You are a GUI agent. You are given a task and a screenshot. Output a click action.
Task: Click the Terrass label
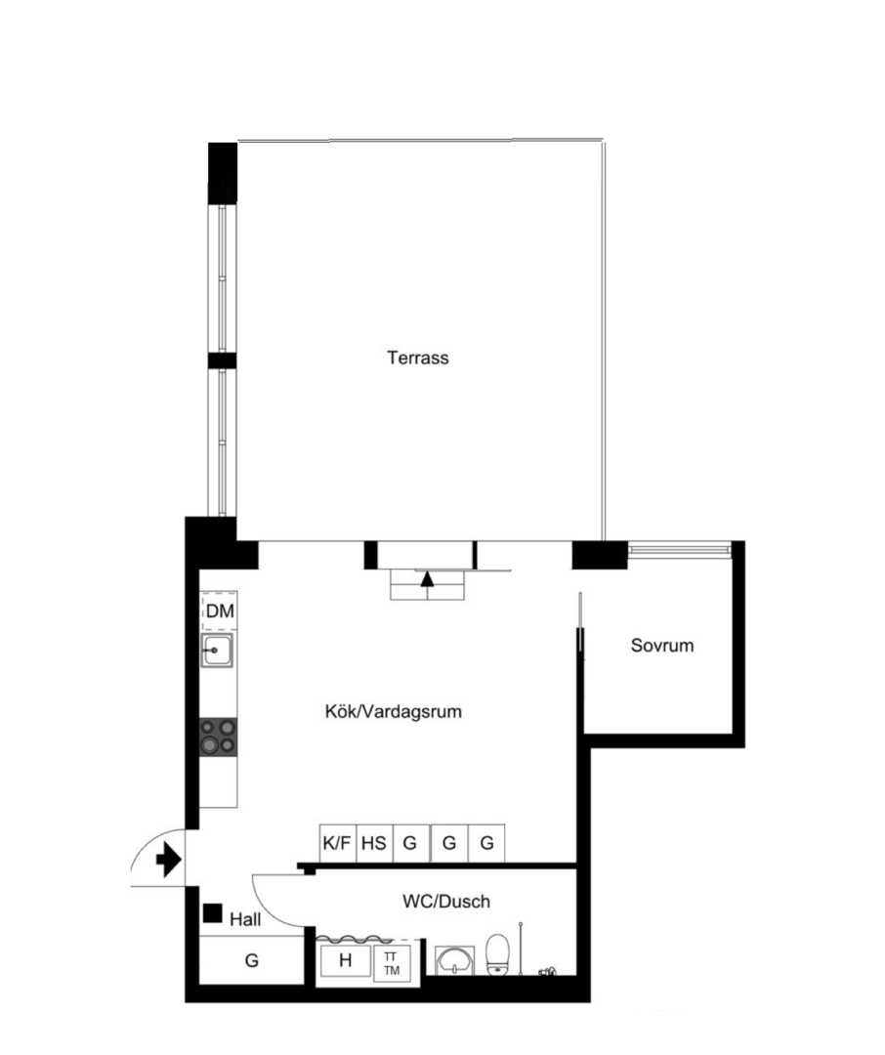[x=418, y=358]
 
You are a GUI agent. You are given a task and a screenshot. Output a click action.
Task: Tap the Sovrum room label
[x=662, y=646]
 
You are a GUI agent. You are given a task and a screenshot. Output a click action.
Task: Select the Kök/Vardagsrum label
[x=394, y=711]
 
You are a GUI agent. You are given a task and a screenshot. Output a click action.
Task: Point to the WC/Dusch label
[x=446, y=901]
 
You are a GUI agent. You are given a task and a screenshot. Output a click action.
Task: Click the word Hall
[x=245, y=919]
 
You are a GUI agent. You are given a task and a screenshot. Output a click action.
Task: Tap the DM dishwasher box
[x=220, y=611]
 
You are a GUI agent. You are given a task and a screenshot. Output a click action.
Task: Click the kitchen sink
[x=217, y=650]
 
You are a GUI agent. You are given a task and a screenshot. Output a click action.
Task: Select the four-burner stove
[x=218, y=737]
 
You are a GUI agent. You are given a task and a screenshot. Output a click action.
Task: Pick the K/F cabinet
[x=337, y=842]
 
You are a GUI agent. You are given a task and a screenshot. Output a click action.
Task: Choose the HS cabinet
[x=374, y=842]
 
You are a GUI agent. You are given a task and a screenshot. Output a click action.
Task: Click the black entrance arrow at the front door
[x=168, y=861]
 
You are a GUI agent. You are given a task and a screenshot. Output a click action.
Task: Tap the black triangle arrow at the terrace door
[x=427, y=578]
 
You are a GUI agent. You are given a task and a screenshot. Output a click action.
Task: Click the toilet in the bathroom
[x=497, y=953]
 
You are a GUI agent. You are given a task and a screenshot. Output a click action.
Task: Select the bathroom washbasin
[x=455, y=961]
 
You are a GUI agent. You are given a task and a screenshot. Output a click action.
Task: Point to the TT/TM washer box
[x=392, y=963]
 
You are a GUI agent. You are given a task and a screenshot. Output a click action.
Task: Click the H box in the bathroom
[x=345, y=961]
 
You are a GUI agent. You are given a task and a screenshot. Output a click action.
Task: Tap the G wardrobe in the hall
[x=252, y=960]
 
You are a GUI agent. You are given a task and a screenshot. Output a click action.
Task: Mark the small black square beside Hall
[x=213, y=913]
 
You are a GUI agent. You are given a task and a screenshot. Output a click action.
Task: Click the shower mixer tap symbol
[x=548, y=971]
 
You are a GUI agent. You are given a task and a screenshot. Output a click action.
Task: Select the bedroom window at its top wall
[x=679, y=550]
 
